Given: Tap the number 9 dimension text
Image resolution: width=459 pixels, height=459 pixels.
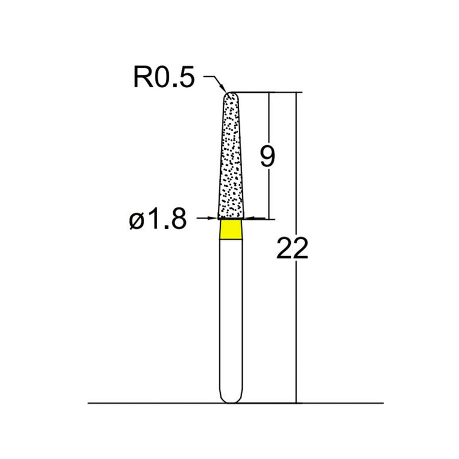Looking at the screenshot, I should pos(267,157).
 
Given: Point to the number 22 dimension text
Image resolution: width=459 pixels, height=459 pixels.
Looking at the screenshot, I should pos(292,249).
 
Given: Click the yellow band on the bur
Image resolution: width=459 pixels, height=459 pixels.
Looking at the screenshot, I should pos(230,229).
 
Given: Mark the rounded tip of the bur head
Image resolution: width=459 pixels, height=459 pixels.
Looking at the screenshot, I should pos(231,94).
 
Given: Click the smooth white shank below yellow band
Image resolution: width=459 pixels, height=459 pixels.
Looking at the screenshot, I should pos(231,316).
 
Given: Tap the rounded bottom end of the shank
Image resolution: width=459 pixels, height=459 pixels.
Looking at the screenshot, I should pos(231,400).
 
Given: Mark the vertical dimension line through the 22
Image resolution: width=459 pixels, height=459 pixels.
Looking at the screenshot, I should pos(296,333).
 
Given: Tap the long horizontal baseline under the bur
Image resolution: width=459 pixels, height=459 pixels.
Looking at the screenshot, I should pos(143,403).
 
